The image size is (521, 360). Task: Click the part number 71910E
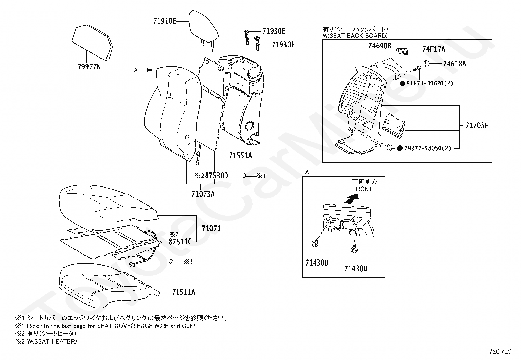tap(165, 21)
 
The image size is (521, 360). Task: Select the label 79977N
tap(89, 67)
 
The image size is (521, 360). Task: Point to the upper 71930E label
tap(274, 31)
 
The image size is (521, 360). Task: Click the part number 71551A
tap(241, 156)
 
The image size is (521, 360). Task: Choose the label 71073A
tap(203, 194)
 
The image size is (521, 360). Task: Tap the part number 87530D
tap(216, 176)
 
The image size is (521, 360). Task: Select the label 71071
tap(211, 229)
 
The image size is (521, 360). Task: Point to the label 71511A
tap(184, 292)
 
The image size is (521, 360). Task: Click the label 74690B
tap(380, 46)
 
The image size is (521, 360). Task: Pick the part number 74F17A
tap(434, 49)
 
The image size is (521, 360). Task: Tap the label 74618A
tap(455, 64)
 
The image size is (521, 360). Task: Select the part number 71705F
tap(476, 125)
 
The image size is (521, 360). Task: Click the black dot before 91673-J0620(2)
tap(403, 83)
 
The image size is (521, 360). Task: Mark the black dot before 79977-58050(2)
tap(400, 148)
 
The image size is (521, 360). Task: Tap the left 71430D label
tap(317, 263)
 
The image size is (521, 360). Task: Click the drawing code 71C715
tap(500, 351)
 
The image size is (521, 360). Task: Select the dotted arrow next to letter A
tap(148, 70)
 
